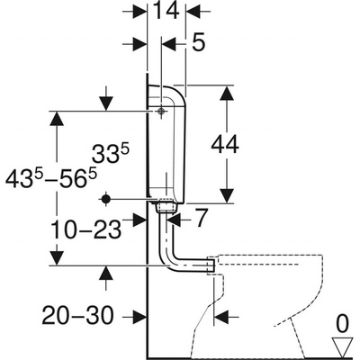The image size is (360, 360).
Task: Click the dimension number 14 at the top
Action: (x=166, y=11)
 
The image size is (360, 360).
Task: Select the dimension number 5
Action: (x=198, y=42)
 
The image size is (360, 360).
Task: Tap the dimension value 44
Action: (x=225, y=145)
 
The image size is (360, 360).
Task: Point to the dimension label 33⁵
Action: (x=111, y=154)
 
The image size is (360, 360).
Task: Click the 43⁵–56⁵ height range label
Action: (x=51, y=179)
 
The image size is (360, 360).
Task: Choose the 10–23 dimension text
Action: (x=86, y=229)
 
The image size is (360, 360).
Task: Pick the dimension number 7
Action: (x=202, y=218)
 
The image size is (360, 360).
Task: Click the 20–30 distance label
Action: (x=78, y=315)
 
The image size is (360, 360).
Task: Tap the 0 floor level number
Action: (x=343, y=324)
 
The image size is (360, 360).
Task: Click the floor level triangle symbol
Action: (x=343, y=346)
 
